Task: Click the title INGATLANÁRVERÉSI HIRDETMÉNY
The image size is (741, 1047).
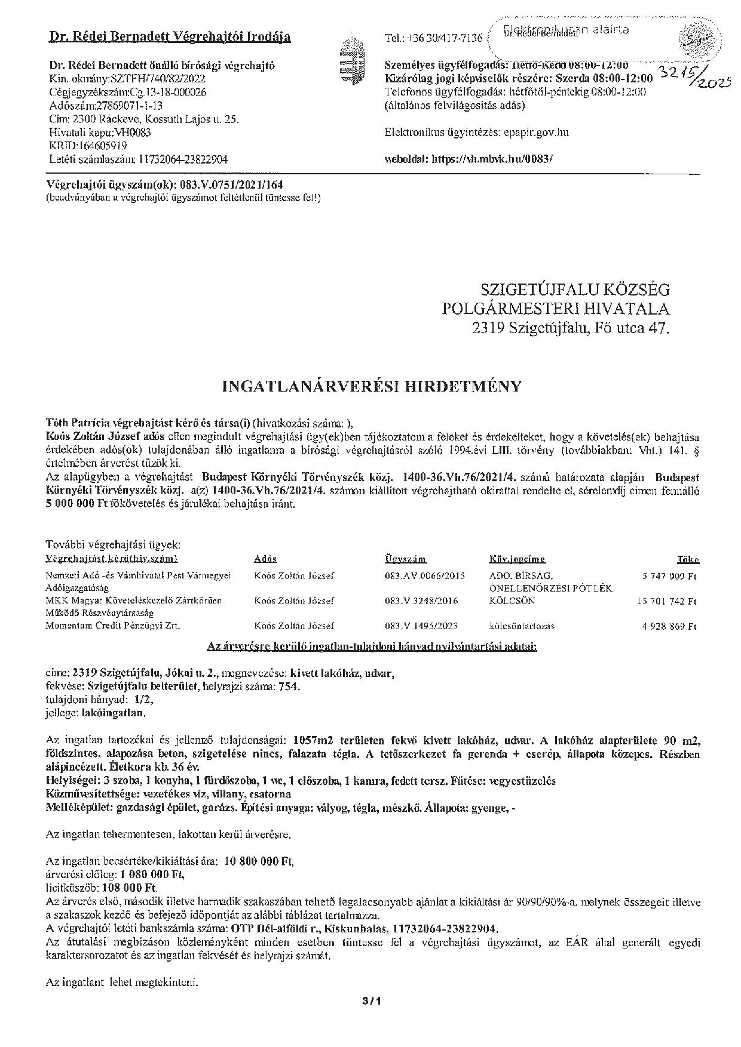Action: point(371,386)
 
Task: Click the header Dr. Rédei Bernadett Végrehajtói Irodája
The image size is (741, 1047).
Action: point(170,37)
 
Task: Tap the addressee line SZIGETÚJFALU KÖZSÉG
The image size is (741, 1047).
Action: point(575,290)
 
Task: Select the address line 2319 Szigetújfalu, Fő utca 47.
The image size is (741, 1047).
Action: point(570,328)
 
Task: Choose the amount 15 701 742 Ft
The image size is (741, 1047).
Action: point(666,601)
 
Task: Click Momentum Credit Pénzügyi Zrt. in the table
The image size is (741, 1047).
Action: point(113,626)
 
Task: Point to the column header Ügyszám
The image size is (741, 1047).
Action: point(405,559)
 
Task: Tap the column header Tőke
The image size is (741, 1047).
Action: point(688,559)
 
